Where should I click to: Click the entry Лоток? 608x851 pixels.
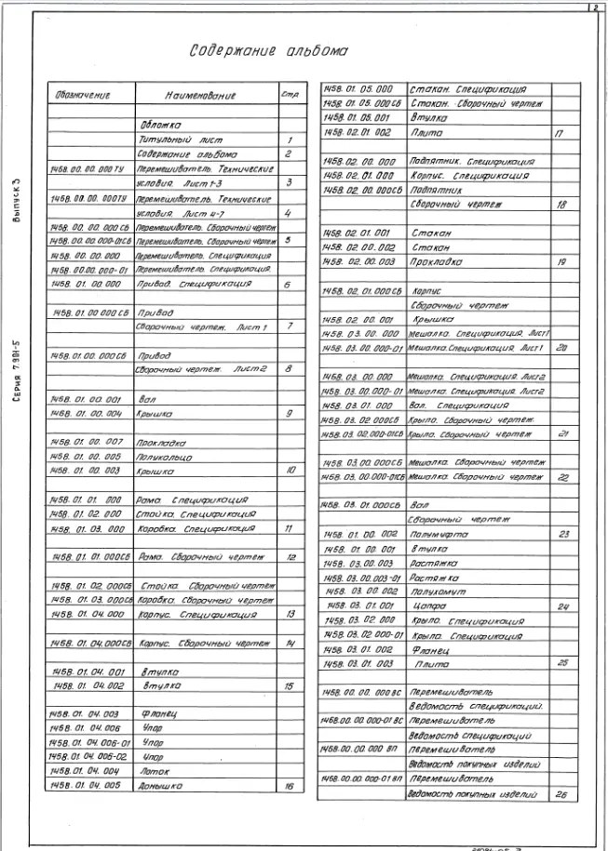(156, 771)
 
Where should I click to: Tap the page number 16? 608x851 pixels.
(290, 786)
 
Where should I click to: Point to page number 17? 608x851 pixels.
(561, 134)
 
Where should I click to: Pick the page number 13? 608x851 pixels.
(290, 614)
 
